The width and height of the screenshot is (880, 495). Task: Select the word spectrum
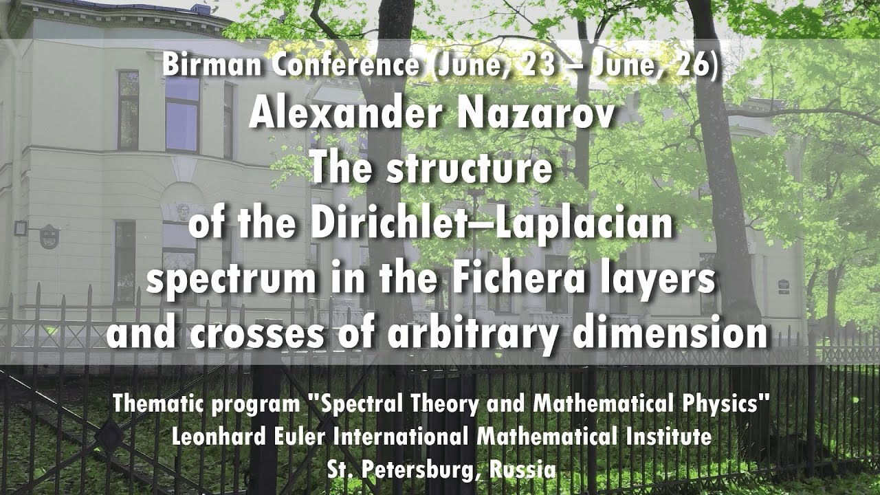click(232, 281)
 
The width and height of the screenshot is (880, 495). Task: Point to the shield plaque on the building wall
click(49, 236)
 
